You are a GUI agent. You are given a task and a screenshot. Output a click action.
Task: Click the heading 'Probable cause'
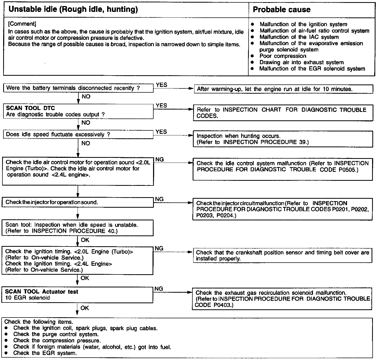[282, 10]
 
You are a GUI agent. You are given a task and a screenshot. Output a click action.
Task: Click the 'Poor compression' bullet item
[283, 56]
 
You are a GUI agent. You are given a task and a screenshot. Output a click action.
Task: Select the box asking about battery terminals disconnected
[78, 88]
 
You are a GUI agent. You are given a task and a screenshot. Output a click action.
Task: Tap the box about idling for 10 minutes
[283, 89]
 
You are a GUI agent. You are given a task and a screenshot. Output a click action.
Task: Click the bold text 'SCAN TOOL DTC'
[30, 108]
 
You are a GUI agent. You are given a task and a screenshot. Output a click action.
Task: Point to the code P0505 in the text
[348, 170]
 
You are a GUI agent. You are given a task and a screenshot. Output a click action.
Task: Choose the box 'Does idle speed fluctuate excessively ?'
[78, 135]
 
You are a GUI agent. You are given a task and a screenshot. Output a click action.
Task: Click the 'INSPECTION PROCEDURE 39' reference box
[283, 139]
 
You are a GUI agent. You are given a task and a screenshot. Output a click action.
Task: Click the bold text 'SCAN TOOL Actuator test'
[42, 292]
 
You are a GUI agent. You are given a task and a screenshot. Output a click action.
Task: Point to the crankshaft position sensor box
[282, 255]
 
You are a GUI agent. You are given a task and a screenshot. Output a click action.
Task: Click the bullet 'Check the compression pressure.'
[57, 340]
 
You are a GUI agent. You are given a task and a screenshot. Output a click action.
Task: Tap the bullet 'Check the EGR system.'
[45, 353]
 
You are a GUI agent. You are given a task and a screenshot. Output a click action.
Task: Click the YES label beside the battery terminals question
[161, 85]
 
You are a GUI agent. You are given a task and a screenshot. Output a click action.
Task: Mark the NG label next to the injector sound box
[159, 199]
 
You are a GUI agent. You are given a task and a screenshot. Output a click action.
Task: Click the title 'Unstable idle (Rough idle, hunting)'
[73, 10]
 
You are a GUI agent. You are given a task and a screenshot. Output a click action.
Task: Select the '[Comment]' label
[22, 24]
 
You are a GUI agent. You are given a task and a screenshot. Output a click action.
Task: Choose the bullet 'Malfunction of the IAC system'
[299, 37]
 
